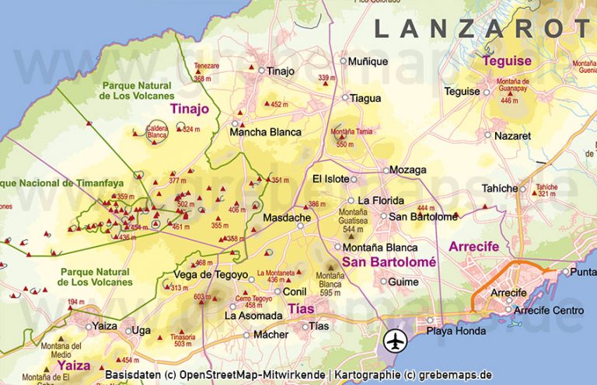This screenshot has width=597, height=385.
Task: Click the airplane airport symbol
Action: click(x=396, y=340)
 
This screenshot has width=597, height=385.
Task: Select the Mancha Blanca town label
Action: click(x=265, y=132)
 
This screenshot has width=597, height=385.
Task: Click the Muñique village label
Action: click(x=368, y=61)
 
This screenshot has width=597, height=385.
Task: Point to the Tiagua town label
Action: click(x=365, y=98)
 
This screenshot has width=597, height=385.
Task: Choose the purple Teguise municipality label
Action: click(x=507, y=61)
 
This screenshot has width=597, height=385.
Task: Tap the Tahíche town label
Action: click(x=499, y=188)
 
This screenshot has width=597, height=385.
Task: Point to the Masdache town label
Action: click(x=286, y=217)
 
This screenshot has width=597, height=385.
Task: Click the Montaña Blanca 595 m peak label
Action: click(x=330, y=284)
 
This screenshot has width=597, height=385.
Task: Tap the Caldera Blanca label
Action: click(x=157, y=132)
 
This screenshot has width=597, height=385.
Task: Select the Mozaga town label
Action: click(x=407, y=170)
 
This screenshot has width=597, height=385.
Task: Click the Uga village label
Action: click(x=141, y=330)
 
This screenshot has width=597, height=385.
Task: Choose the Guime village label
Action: click(x=403, y=281)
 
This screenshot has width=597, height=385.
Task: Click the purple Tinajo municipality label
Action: click(x=190, y=109)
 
